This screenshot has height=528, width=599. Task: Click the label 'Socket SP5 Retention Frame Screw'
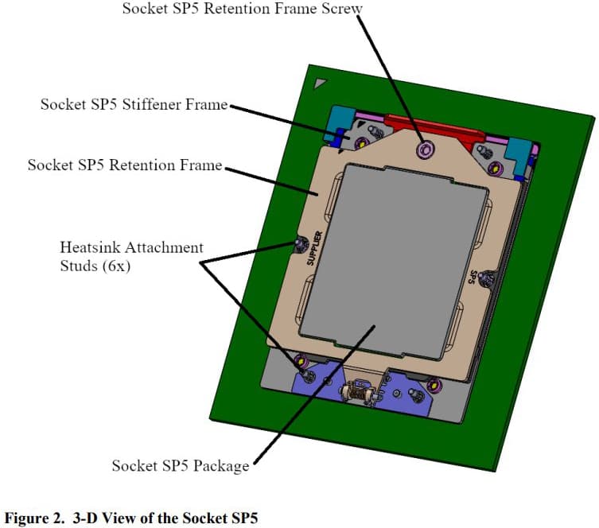pyautogui.click(x=242, y=9)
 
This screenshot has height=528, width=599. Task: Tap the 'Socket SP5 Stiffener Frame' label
pyautogui.click(x=134, y=104)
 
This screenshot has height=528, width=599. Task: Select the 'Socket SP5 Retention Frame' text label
pyautogui.click(x=125, y=165)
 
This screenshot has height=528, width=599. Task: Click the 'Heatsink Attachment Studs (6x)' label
pyautogui.click(x=131, y=257)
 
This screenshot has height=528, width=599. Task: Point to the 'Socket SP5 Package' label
pyautogui.click(x=181, y=466)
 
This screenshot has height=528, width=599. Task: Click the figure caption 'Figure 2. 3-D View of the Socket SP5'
pyautogui.click(x=131, y=518)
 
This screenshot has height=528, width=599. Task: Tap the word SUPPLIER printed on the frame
pyautogui.click(x=315, y=248)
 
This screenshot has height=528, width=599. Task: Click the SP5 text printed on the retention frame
pyautogui.click(x=473, y=277)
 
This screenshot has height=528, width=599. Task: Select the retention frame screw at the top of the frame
pyautogui.click(x=425, y=149)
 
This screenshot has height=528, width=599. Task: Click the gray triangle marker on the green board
pyautogui.click(x=319, y=83)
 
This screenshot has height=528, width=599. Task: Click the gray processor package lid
pyautogui.click(x=394, y=262)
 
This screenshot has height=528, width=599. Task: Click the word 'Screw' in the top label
pyautogui.click(x=341, y=9)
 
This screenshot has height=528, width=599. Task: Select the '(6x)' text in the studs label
pyautogui.click(x=116, y=266)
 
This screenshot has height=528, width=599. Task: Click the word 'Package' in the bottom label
pyautogui.click(x=221, y=466)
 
